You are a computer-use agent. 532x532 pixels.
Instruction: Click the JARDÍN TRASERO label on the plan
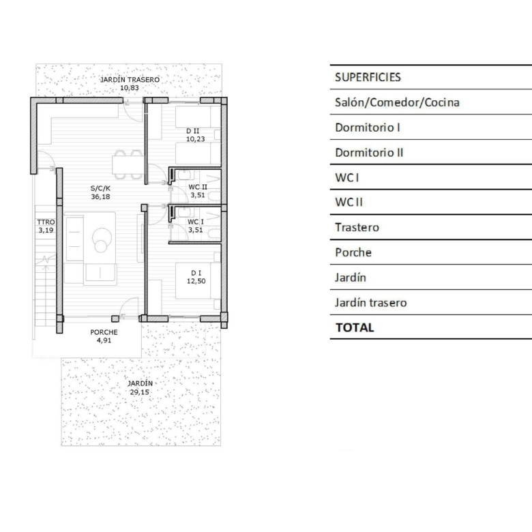point(130,80)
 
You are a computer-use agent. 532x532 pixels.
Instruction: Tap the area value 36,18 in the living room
point(100,197)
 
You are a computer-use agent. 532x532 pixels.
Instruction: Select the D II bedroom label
point(193,131)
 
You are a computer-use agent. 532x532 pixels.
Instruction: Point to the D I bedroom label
point(196,273)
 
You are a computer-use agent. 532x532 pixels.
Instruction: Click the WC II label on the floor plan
point(198,187)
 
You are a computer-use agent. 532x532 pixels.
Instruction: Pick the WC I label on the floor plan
point(196,222)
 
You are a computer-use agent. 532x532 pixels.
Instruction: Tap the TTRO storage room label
point(46,222)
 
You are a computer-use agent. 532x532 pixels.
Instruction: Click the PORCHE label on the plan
point(104,333)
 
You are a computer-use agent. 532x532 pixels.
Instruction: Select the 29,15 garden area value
point(139,392)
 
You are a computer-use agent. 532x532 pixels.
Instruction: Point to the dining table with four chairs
point(128,164)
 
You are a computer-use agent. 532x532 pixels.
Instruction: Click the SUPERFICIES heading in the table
point(368,77)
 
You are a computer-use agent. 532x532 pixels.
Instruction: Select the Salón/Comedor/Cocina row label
point(397,102)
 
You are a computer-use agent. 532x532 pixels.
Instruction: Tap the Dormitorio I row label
point(368,128)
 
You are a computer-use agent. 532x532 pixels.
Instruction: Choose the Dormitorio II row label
point(369,153)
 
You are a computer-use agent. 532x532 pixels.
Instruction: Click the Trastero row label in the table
point(357,227)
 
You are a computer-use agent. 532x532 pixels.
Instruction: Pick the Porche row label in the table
point(353,252)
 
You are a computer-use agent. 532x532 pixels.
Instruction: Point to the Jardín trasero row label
point(371,303)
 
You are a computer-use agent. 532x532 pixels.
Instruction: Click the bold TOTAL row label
point(355,328)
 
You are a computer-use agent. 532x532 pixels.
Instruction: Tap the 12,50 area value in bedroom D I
point(196,281)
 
